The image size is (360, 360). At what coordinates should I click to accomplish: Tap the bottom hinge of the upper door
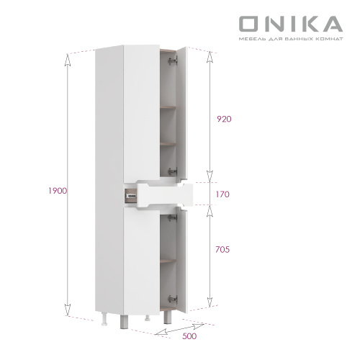coord(171,171)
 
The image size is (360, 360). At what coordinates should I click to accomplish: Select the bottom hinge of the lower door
coord(171,297)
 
